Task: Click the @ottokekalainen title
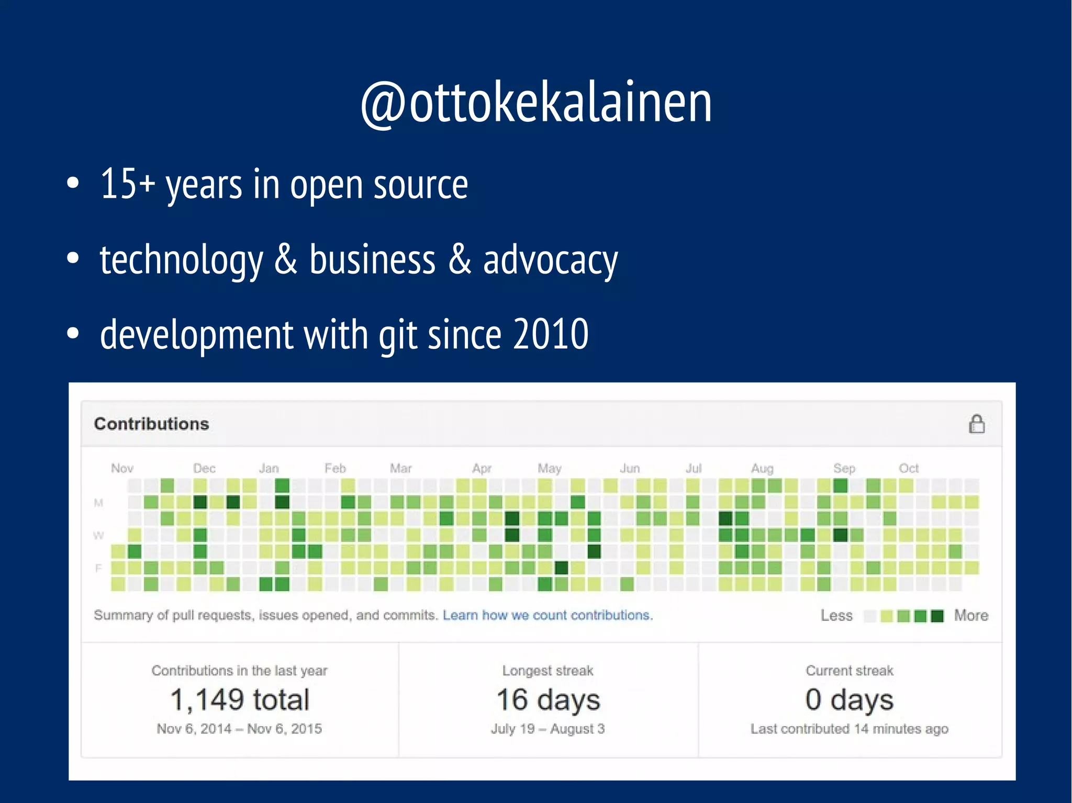tap(536, 103)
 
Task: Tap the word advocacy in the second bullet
tap(550, 260)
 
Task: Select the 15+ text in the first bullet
tap(127, 184)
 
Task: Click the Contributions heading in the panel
tap(151, 424)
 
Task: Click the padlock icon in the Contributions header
tap(976, 424)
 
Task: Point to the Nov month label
tap(122, 468)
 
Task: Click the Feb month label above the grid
tap(335, 468)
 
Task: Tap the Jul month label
tap(694, 468)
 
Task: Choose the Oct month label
tap(909, 468)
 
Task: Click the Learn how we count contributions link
tap(548, 615)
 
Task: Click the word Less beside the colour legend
tap(836, 616)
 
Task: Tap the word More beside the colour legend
tap(971, 616)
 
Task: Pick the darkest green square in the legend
tap(937, 616)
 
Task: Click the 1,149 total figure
tap(240, 700)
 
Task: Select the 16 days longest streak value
tap(548, 700)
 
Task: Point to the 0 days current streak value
tap(849, 700)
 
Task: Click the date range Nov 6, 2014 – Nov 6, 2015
tap(239, 729)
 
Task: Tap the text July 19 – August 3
tap(548, 729)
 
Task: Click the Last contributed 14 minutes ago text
tap(849, 729)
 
